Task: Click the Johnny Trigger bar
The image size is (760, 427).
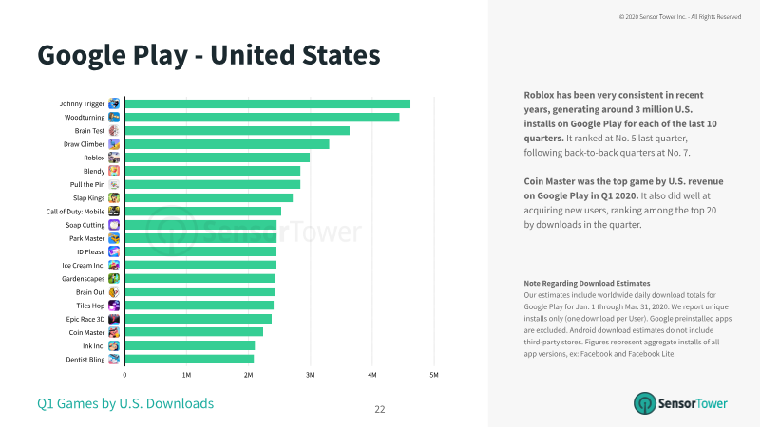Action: click(268, 103)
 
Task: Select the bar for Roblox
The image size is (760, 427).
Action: click(218, 158)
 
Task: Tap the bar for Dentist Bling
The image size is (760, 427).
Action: click(189, 360)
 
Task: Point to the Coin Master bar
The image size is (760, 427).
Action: click(194, 332)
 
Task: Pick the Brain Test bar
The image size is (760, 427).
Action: click(237, 131)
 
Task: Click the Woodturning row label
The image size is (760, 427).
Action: click(85, 117)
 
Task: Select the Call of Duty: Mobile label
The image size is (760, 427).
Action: click(75, 212)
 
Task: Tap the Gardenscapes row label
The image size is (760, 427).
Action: click(83, 279)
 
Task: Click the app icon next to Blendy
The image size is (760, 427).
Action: click(114, 171)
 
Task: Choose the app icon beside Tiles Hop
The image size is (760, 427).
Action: click(114, 306)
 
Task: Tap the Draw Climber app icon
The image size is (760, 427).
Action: click(114, 144)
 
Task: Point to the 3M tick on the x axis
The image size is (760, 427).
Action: click(311, 375)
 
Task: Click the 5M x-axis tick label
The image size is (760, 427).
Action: click(434, 375)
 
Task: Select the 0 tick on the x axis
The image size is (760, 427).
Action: click(124, 375)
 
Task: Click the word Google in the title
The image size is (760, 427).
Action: click(82, 56)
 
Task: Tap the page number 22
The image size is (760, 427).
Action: click(379, 410)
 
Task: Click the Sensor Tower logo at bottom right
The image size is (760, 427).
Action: click(680, 403)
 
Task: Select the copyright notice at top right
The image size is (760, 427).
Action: click(680, 17)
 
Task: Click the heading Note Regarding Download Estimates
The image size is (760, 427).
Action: click(586, 283)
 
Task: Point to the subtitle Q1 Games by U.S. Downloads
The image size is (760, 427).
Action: click(125, 404)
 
